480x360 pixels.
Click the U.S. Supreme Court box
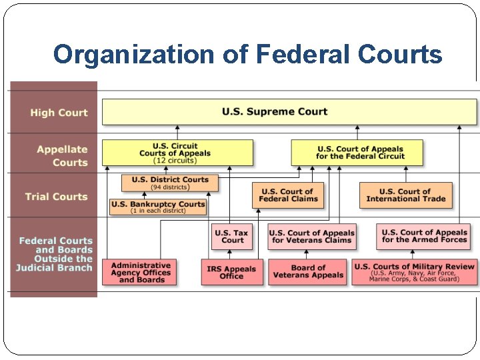(289, 111)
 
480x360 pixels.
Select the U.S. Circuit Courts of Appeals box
(177, 153)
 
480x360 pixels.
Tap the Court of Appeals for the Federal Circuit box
(357, 153)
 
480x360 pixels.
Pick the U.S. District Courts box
(169, 182)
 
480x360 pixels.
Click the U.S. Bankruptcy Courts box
(158, 207)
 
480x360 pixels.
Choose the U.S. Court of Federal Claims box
(287, 195)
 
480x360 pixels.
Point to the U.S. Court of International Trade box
(406, 195)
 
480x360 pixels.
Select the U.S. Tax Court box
(233, 237)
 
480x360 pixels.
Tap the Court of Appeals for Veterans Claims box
(312, 237)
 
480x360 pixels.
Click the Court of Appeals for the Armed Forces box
(424, 236)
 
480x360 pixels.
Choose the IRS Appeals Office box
(231, 272)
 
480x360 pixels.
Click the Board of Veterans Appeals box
(308, 272)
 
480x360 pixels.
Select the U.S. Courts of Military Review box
(414, 272)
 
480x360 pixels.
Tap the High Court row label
(59, 113)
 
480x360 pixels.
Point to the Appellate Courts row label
(62, 155)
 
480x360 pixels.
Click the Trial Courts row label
(56, 197)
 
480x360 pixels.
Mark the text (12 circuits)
(175, 161)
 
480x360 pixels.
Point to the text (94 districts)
(169, 187)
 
